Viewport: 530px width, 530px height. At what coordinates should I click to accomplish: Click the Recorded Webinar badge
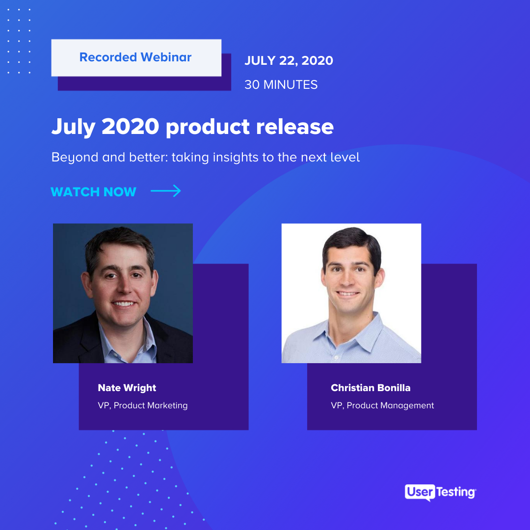click(x=136, y=58)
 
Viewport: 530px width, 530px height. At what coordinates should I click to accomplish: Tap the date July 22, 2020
click(x=289, y=60)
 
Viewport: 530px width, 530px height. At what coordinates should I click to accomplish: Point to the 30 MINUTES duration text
click(x=281, y=84)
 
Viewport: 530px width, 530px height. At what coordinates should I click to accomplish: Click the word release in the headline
click(x=295, y=127)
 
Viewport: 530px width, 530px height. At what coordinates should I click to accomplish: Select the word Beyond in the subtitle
click(x=75, y=158)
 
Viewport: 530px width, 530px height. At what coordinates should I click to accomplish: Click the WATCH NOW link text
click(x=93, y=192)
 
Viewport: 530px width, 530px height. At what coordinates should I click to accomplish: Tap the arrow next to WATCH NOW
click(x=166, y=191)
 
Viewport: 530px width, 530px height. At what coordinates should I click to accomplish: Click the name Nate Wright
click(x=127, y=388)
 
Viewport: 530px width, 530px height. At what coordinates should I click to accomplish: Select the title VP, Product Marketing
click(x=143, y=405)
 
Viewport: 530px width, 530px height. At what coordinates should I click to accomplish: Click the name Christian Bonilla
click(x=371, y=388)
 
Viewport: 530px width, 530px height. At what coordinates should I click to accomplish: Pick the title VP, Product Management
click(x=382, y=405)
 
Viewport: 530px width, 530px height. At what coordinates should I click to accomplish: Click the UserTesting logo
click(x=440, y=493)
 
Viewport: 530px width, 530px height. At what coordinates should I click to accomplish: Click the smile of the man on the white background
click(x=347, y=294)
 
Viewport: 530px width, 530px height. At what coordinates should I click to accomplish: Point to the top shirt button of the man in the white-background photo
click(x=336, y=357)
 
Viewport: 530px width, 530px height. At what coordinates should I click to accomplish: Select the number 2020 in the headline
click(x=131, y=127)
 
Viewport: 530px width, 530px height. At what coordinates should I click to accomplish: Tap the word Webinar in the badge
click(x=166, y=57)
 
